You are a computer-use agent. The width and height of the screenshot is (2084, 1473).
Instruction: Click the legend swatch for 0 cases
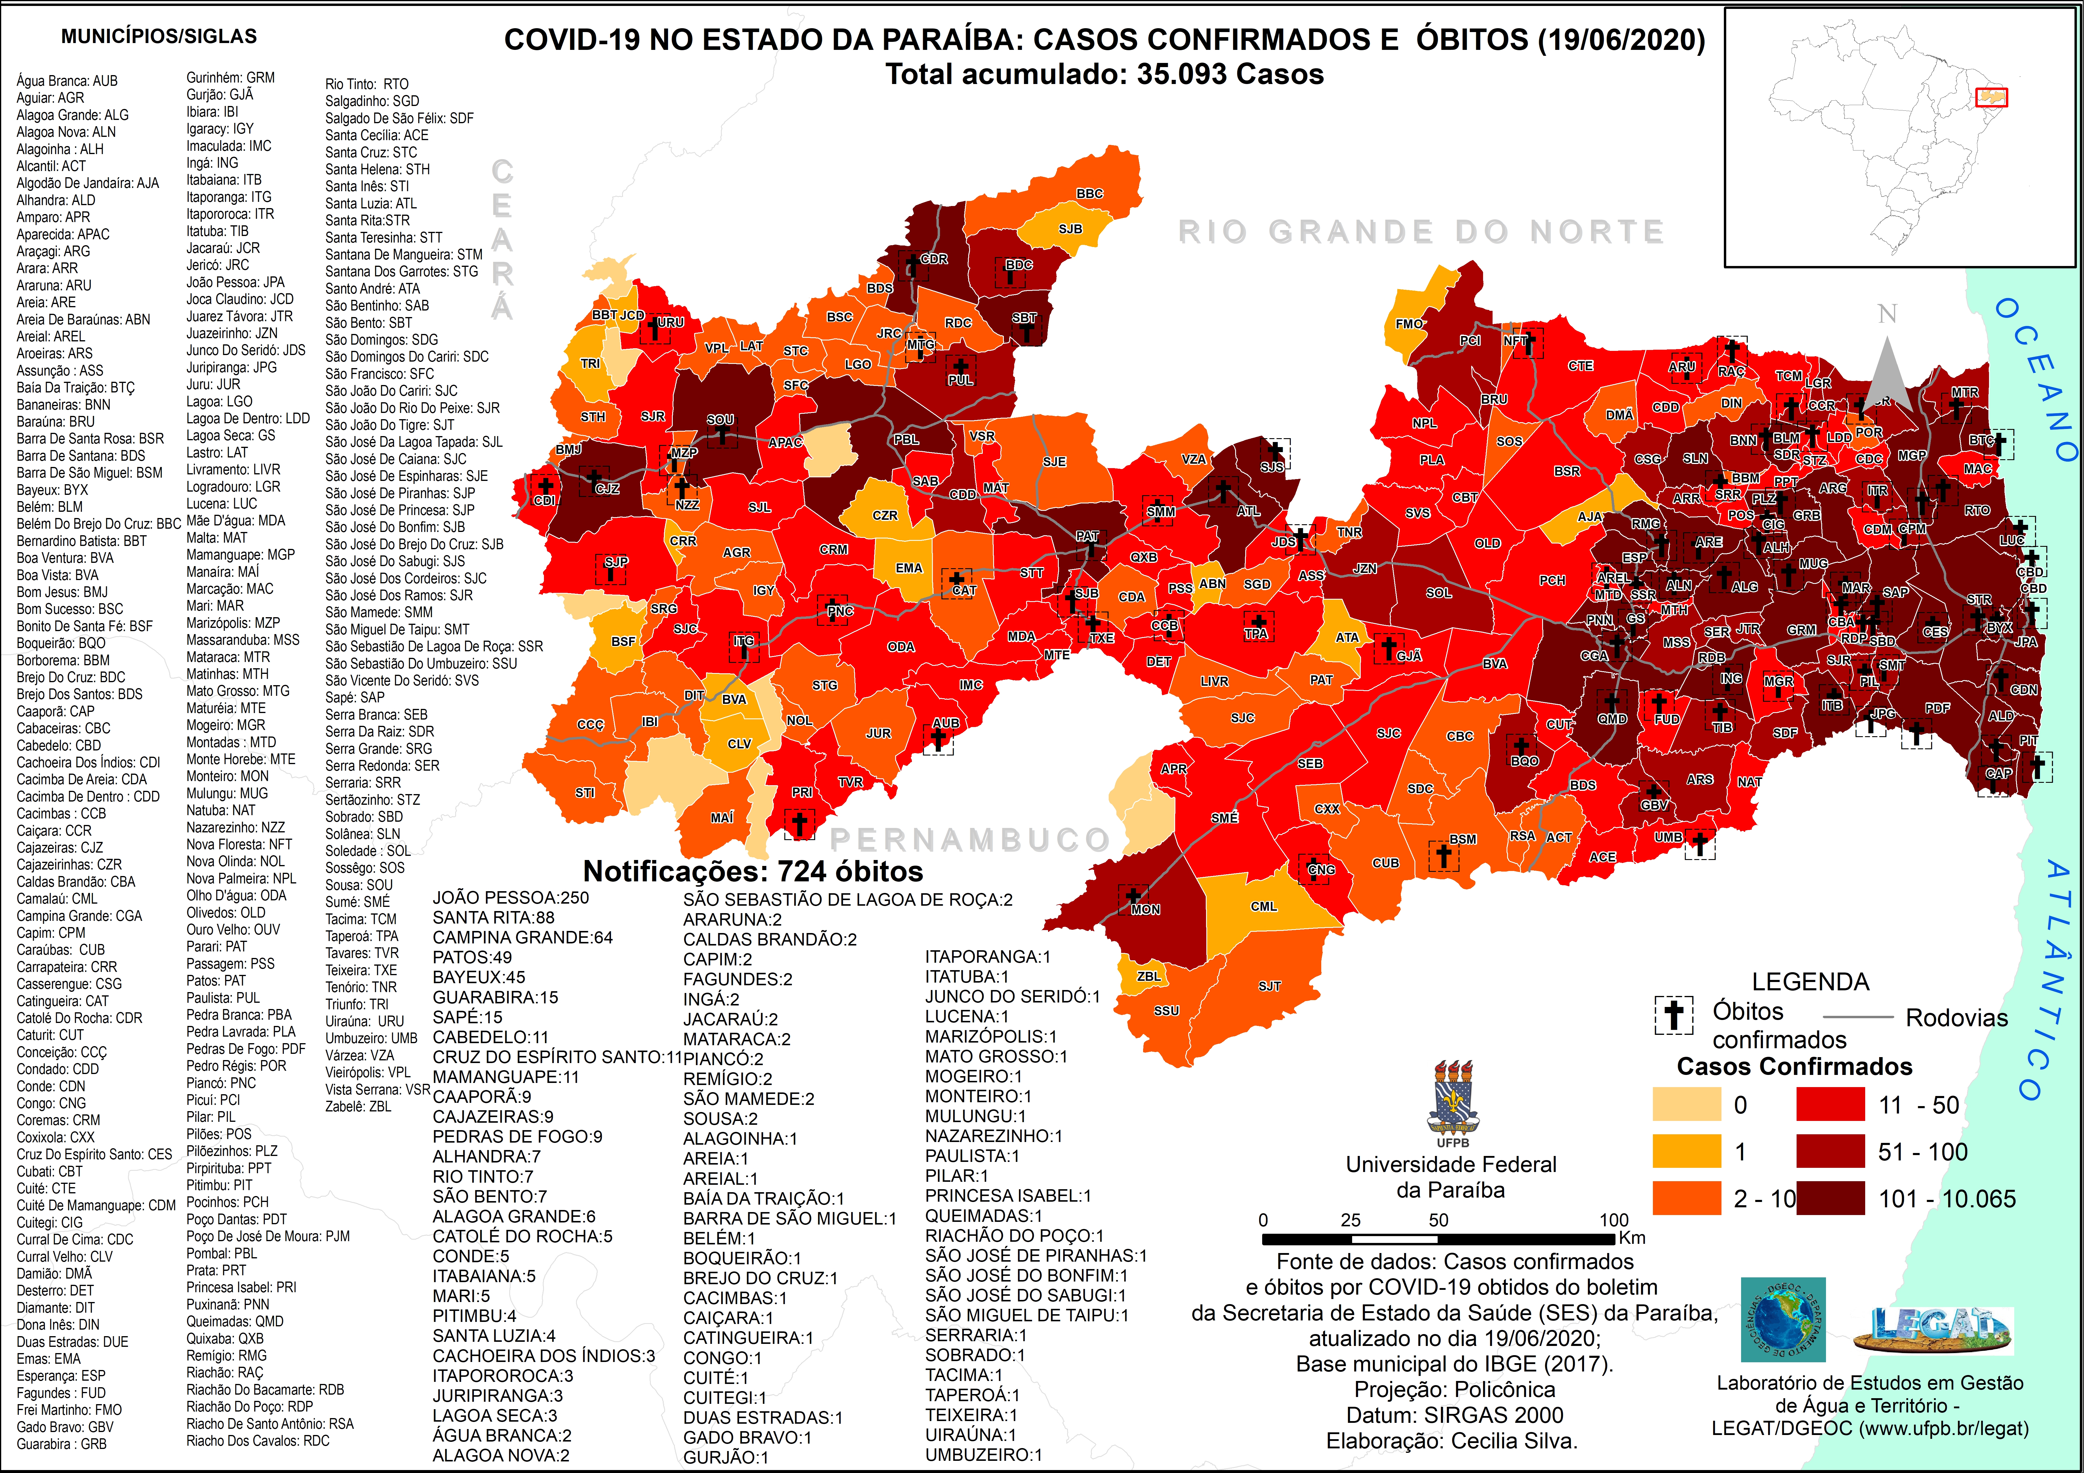(1686, 1105)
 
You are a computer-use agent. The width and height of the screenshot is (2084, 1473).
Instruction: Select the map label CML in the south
(1263, 906)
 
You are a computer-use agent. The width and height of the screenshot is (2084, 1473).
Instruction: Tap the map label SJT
(1269, 986)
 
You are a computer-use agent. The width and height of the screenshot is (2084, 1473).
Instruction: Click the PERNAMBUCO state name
(969, 840)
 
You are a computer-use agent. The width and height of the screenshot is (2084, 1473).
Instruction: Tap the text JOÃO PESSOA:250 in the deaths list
(510, 898)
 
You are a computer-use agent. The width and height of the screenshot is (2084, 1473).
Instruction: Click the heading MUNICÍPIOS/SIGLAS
(159, 36)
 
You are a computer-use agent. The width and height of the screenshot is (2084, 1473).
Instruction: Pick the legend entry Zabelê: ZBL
(359, 1106)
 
